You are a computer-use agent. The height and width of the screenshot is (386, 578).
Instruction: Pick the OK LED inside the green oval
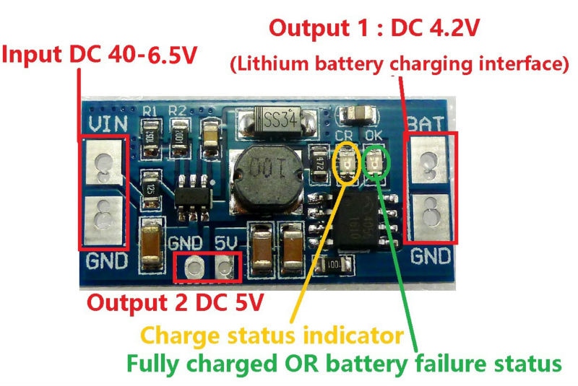376,163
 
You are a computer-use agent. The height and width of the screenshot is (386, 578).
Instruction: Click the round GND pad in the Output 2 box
194,269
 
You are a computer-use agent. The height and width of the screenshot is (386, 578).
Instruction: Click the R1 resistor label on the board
150,110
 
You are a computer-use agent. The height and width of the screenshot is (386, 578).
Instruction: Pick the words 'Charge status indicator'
271,335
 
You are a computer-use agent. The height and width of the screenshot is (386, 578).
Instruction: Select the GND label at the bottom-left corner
105,260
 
